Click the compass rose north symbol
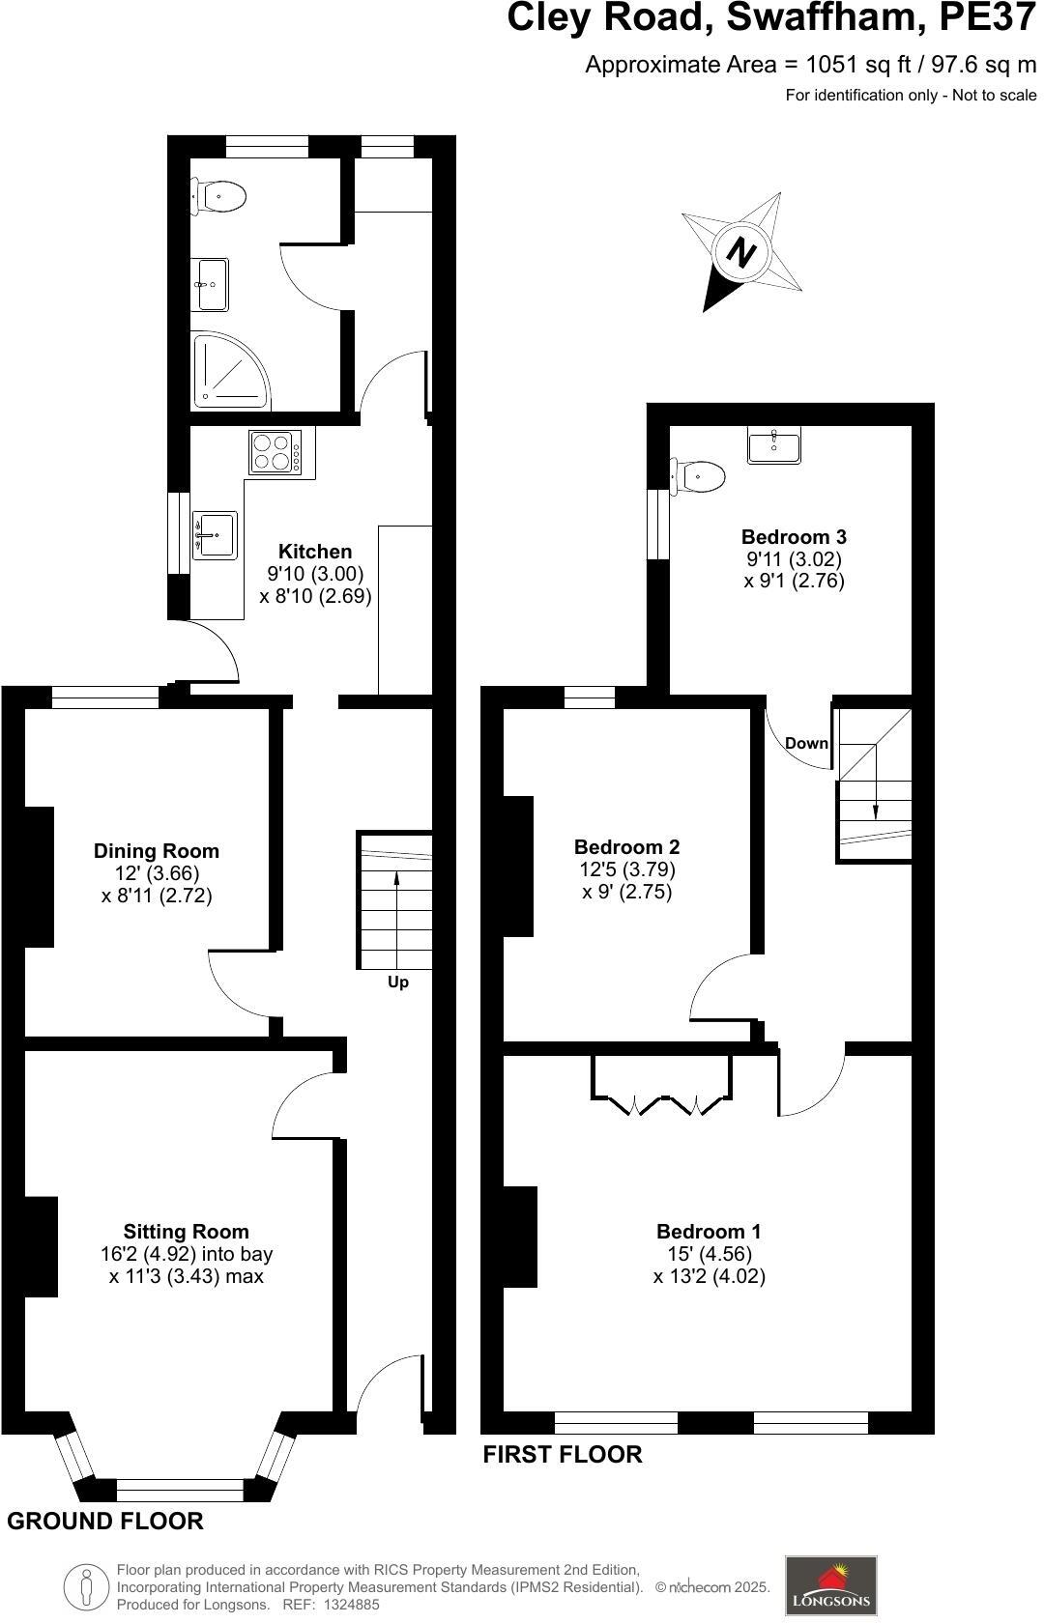point(740,252)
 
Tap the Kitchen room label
point(315,552)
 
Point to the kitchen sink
point(215,534)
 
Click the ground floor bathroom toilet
point(218,196)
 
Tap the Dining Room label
point(157,851)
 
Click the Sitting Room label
point(186,1232)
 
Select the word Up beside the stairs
point(398,982)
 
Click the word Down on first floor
point(806,743)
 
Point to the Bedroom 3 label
point(794,537)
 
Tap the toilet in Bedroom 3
point(701,475)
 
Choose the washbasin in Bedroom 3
point(773,446)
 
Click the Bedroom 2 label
point(626,847)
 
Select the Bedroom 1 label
point(709,1232)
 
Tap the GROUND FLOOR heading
point(105,1522)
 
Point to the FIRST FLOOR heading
point(563,1454)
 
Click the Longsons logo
point(830,1585)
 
